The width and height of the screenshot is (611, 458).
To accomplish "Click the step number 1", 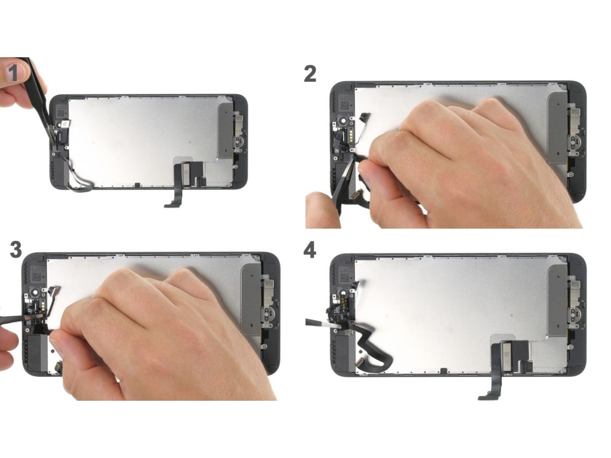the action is (14, 72).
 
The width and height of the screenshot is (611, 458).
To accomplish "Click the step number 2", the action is (310, 74).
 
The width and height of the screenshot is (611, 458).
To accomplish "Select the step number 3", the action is (16, 250).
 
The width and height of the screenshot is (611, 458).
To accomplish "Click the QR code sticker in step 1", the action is (60, 113).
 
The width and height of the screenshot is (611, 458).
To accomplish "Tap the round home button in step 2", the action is (575, 141).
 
